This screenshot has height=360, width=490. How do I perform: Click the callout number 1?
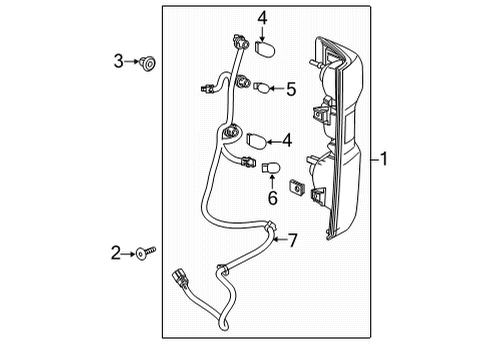[386, 159]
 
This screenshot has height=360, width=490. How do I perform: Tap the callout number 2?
[116, 254]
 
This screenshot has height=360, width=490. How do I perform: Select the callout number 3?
[118, 62]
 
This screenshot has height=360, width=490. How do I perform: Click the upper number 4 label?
[261, 19]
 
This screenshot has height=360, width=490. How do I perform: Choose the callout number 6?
[270, 198]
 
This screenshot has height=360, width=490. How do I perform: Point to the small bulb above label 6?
[271, 169]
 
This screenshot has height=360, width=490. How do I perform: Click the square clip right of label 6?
[296, 186]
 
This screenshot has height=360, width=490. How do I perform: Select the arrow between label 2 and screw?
[130, 254]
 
